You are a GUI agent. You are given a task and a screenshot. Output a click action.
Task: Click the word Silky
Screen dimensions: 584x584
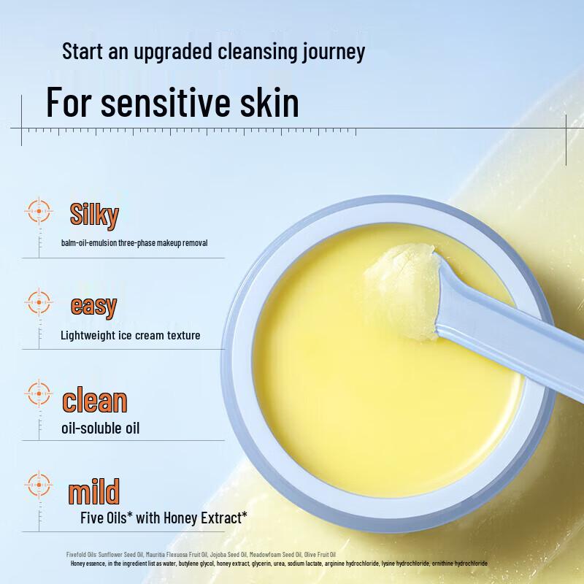click(94, 215)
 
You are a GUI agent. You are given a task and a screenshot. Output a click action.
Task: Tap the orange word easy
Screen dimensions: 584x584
click(93, 305)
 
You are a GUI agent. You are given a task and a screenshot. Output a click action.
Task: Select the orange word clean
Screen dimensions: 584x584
click(95, 400)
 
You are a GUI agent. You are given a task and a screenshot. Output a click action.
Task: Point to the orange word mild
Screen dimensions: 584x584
click(93, 492)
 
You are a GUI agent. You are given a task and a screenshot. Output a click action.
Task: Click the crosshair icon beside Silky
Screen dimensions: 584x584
click(39, 211)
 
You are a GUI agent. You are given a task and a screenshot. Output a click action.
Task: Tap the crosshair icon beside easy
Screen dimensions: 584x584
click(39, 301)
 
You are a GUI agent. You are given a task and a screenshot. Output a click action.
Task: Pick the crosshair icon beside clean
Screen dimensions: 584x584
click(39, 393)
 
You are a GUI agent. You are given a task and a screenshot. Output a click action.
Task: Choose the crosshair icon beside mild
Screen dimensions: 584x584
click(39, 484)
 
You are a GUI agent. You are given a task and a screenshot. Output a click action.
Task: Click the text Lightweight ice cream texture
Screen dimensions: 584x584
click(131, 336)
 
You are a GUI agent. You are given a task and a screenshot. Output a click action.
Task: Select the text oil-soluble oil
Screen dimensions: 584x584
click(101, 428)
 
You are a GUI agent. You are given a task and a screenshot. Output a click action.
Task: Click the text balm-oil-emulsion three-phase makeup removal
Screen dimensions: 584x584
click(135, 242)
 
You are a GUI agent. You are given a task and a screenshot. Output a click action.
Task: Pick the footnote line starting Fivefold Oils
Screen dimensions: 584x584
click(201, 555)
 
